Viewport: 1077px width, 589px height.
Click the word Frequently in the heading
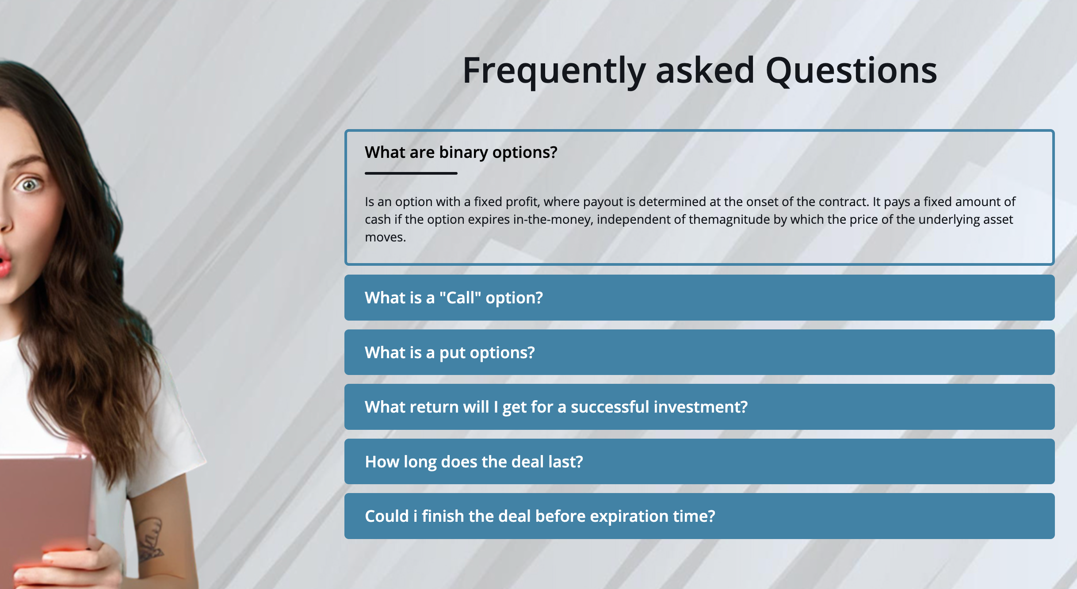click(554, 71)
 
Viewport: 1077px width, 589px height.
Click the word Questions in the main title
click(851, 70)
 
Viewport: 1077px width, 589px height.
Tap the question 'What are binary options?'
click(461, 153)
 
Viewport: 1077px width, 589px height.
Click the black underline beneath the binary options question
click(411, 173)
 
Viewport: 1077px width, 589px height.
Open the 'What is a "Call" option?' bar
click(699, 298)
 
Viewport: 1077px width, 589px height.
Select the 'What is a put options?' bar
click(699, 352)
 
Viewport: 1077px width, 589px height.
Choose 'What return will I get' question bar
click(699, 407)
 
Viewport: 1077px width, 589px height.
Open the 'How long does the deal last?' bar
click(699, 462)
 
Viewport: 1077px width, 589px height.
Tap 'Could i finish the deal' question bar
click(699, 516)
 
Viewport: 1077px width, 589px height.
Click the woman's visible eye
click(29, 184)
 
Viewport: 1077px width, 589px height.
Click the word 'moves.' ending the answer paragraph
click(385, 237)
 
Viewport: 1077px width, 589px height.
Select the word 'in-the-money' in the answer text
click(553, 220)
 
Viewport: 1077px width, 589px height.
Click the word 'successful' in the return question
click(610, 407)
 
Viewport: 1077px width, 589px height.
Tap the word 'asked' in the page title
click(705, 70)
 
